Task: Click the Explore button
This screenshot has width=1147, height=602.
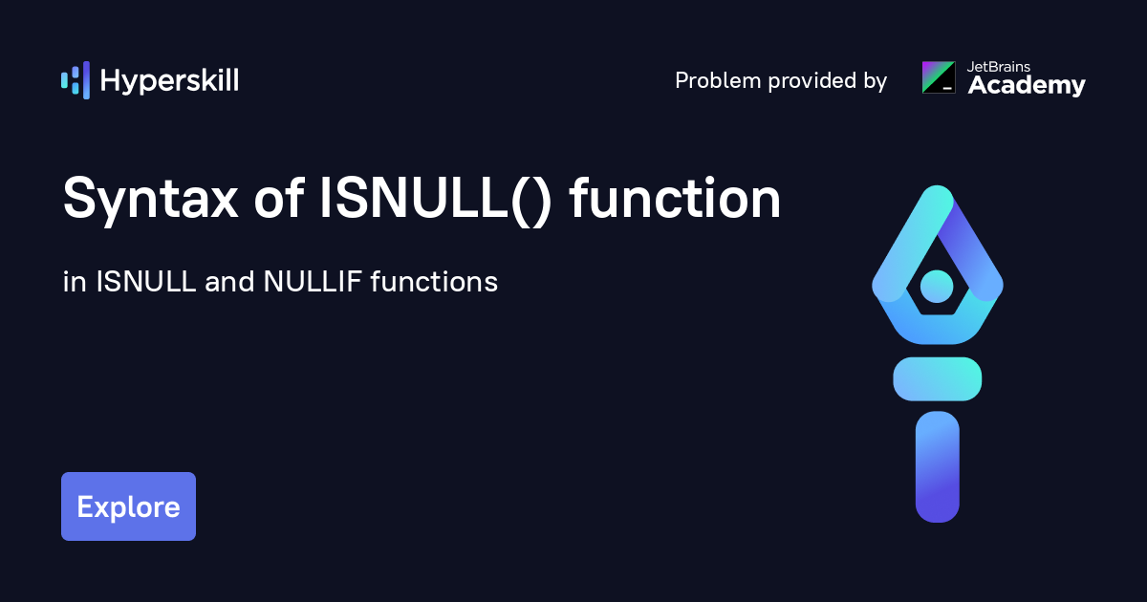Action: [128, 506]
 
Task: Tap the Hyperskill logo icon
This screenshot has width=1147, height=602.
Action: [76, 80]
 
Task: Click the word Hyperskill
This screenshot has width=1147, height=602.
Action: [169, 81]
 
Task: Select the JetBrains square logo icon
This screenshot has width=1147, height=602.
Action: [939, 77]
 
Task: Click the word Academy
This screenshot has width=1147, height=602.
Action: [1027, 85]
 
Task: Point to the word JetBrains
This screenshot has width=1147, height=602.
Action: [999, 67]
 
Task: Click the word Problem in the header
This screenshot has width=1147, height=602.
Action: [718, 80]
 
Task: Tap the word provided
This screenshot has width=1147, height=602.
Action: [812, 80]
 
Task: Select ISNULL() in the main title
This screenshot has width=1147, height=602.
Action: [435, 199]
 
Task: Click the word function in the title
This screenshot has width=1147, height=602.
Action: [675, 198]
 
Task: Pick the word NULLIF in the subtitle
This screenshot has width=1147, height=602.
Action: [313, 282]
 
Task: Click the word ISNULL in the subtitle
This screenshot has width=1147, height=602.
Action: [146, 282]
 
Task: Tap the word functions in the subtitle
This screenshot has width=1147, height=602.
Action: [434, 281]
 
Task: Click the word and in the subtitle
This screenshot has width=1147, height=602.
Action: [229, 282]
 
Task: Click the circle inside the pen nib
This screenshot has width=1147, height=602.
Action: [937, 286]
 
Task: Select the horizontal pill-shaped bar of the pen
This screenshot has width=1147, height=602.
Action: [937, 378]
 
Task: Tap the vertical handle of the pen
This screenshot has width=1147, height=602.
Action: [937, 466]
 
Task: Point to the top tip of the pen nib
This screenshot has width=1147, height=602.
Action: [938, 186]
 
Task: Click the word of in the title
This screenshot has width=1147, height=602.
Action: [279, 198]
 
